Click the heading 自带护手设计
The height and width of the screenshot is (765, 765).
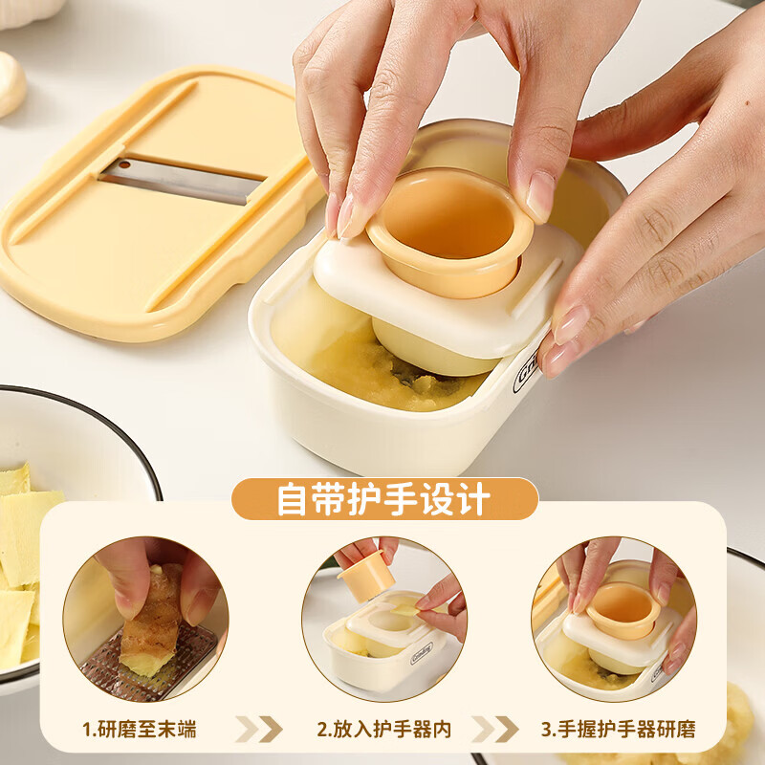[x=383, y=499]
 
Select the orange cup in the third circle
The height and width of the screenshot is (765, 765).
[x=622, y=607]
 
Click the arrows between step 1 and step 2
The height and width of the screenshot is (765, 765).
[x=259, y=730]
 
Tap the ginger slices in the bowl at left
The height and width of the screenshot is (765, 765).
[x=24, y=564]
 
